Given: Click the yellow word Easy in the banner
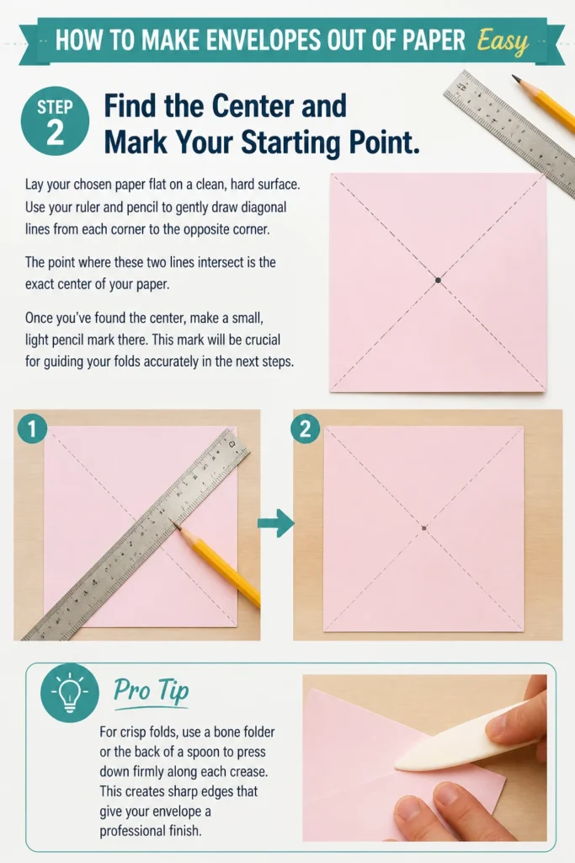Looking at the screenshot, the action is coord(503,42).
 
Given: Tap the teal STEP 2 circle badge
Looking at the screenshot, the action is coord(55,121).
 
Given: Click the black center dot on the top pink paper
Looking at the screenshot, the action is coord(438,280).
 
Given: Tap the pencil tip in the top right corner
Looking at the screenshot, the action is coord(515,78).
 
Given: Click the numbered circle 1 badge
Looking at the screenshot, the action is coord(32,428).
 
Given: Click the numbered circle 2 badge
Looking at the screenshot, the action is coord(305,428).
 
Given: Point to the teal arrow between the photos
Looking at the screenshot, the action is coord(276,523).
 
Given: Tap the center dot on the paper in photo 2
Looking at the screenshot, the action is coord(423,528).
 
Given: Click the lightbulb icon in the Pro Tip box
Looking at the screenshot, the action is coord(70,693).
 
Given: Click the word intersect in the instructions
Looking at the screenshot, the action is coord(220,263).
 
